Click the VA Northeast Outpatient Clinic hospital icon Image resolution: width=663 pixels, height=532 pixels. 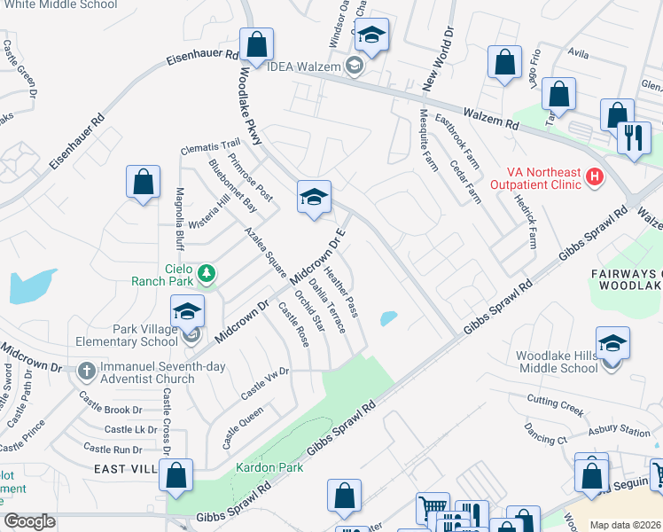click(595, 177)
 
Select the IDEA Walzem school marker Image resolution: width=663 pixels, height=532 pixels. click(355, 66)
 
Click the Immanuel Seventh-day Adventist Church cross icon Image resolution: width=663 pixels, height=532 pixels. click(85, 369)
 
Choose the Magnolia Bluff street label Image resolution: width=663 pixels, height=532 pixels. click(179, 218)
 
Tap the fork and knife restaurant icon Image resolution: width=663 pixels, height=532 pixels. click(634, 137)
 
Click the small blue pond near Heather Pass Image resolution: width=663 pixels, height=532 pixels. click(388, 318)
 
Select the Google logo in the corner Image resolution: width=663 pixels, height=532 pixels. click(29, 521)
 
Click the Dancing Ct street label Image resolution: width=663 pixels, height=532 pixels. click(544, 436)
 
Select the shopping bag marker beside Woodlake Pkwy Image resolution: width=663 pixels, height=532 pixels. click(255, 43)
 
